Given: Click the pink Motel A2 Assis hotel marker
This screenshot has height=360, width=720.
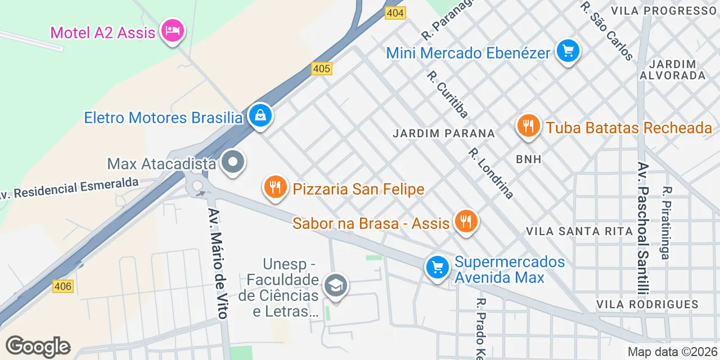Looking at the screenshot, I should [172, 30].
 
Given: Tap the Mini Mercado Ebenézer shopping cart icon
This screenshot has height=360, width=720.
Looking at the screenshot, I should [568, 52].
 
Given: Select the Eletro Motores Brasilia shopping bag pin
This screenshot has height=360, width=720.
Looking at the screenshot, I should [260, 116].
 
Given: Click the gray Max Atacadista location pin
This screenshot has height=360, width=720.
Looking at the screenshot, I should [232, 163].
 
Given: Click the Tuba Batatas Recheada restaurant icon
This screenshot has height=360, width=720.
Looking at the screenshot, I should [528, 127].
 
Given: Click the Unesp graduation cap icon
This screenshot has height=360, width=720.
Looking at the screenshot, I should [336, 286].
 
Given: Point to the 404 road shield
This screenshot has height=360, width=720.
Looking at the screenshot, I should [395, 13].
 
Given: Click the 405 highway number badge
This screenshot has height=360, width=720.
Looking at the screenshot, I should [322, 69].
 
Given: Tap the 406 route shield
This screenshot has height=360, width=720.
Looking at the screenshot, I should [63, 286].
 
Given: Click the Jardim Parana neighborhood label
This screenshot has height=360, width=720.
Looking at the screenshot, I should [444, 133].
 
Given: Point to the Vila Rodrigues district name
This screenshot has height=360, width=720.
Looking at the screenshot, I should [647, 304].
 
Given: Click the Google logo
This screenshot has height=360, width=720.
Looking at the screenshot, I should [38, 346].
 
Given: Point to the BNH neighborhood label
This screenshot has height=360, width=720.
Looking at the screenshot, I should [528, 159].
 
